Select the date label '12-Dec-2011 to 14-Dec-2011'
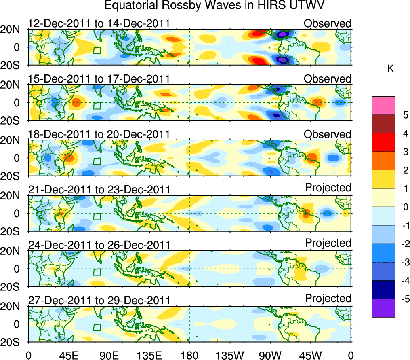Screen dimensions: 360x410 click(99, 24)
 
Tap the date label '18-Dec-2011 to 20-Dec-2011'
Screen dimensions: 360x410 click(99, 134)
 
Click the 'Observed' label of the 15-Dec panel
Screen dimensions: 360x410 click(328, 79)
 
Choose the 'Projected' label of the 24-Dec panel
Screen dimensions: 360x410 click(328, 243)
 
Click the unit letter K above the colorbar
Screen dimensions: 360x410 click(390, 69)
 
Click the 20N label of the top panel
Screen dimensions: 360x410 click(13, 29)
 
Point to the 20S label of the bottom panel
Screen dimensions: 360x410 click(13, 342)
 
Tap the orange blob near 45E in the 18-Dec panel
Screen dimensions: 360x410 click(69, 157)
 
